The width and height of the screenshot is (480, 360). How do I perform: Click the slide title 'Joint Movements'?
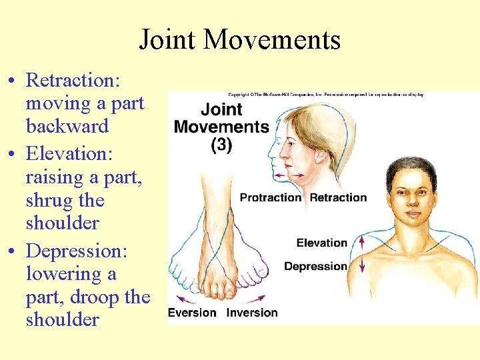point(239,39)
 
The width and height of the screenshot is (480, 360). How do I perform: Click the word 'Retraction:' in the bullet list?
point(73,81)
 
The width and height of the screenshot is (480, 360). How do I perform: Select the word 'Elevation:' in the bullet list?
point(69,153)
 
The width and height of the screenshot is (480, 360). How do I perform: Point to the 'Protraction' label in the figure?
point(271,197)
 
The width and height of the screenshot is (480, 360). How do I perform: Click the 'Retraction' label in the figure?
point(338,197)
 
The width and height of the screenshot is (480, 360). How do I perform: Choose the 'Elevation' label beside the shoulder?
point(322,243)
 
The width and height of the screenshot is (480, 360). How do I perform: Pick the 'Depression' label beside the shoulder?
point(315,267)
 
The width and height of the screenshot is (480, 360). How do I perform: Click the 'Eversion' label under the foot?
point(192,313)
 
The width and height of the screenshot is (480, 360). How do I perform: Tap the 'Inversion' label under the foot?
point(252,313)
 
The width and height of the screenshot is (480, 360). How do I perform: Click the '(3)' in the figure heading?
point(221,145)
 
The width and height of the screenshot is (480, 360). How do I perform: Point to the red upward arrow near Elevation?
point(362,241)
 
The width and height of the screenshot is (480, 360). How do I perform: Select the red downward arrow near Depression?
point(362,265)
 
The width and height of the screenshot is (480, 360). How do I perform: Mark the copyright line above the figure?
point(327,95)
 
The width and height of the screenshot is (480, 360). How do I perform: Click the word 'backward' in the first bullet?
point(67,127)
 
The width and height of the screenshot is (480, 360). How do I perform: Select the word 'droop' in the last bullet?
point(89,297)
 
